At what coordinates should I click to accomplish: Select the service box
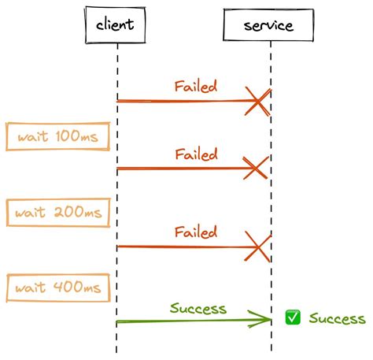[x=269, y=24]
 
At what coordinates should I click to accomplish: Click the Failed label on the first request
[x=196, y=85]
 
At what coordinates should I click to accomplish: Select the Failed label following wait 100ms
[x=196, y=154]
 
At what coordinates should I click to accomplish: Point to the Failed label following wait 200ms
[x=196, y=232]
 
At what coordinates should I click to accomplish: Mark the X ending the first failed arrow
[x=257, y=100]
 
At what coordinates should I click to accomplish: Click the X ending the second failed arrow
[x=257, y=169]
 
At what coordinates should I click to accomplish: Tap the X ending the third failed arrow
[x=257, y=246]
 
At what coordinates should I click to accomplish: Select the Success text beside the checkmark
[x=337, y=319]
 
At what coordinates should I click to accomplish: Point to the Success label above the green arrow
[x=198, y=308]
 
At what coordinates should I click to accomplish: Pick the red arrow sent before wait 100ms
[x=181, y=101]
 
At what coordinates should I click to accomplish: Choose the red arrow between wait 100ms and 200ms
[x=181, y=169]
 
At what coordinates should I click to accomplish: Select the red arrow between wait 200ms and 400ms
[x=181, y=247]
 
